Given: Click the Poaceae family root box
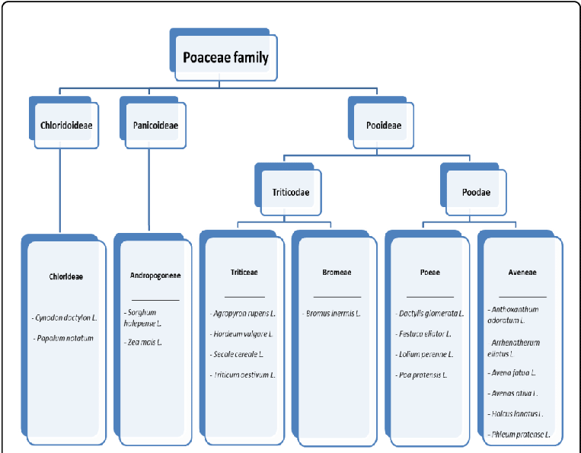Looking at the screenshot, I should [x=225, y=58].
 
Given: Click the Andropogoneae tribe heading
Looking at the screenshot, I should [x=155, y=275].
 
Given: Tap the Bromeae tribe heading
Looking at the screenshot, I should [x=336, y=272].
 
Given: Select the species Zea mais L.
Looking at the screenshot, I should [x=142, y=343].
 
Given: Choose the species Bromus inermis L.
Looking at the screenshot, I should [x=331, y=313].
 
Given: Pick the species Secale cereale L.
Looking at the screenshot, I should [x=238, y=354].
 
